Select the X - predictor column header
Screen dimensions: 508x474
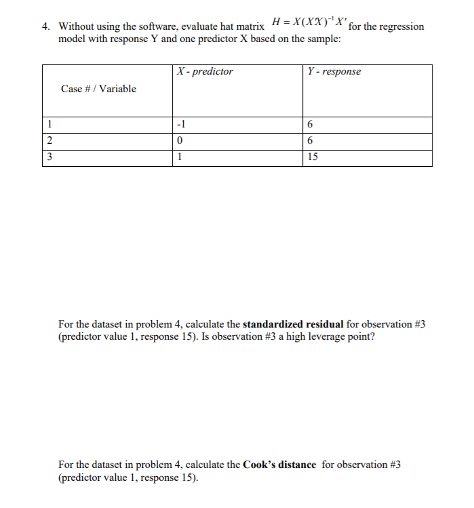click(x=204, y=71)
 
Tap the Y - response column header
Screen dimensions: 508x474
click(x=334, y=71)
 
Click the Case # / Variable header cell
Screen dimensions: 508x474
click(x=98, y=89)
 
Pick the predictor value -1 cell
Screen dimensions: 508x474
click(x=180, y=125)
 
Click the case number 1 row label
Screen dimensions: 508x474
click(x=50, y=125)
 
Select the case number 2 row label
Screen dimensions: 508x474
click(x=50, y=141)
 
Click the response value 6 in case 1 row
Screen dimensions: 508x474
click(x=310, y=125)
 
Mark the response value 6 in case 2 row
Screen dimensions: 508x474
click(x=310, y=141)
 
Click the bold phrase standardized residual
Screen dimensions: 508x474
click(x=293, y=324)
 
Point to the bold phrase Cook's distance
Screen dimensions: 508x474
click(x=279, y=465)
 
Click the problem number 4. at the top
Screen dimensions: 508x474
click(x=45, y=27)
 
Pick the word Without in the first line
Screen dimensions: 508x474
click(x=76, y=27)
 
